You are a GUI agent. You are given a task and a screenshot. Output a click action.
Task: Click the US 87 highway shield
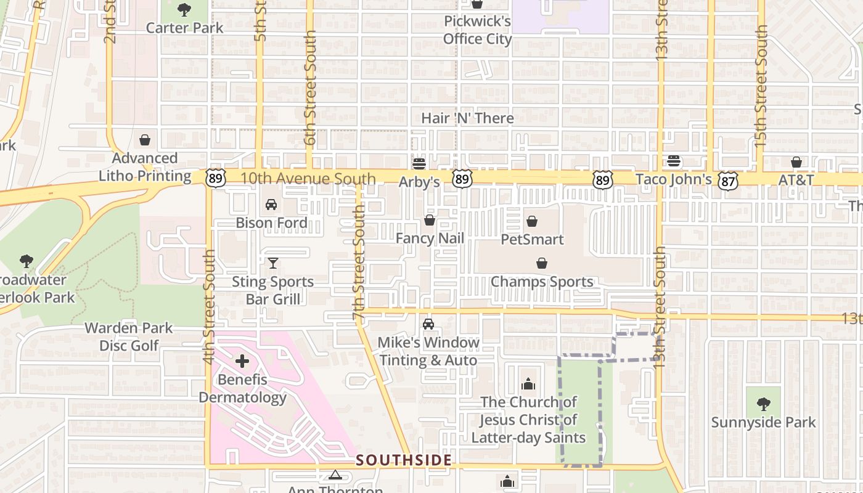[x=728, y=180]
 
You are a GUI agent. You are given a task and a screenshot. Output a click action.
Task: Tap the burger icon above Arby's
[x=419, y=163]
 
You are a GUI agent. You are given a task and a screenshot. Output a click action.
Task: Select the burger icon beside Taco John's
[x=674, y=161]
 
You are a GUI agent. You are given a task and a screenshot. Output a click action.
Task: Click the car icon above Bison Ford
[x=271, y=205]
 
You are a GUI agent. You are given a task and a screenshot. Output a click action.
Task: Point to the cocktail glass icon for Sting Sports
[x=273, y=263]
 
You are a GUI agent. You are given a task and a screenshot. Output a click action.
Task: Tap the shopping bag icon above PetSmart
[x=531, y=221]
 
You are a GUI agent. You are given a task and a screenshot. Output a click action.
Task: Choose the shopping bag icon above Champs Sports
[x=541, y=264]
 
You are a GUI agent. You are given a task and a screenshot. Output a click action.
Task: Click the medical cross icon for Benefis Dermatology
[x=242, y=361]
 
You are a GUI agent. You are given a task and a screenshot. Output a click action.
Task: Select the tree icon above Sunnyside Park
[x=763, y=404]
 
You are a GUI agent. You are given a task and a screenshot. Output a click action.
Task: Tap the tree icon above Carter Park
[x=184, y=10]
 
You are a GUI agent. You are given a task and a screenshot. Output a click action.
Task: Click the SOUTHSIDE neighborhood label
[x=404, y=460]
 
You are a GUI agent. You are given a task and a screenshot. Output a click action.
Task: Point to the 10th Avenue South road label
[x=308, y=179]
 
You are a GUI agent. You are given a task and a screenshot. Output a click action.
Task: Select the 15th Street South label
[x=761, y=86]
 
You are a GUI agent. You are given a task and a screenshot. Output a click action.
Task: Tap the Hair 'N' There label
[x=467, y=118]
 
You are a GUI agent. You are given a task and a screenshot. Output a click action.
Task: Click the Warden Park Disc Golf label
[x=129, y=336]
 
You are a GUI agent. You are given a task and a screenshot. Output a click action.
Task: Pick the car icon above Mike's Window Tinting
[x=428, y=324]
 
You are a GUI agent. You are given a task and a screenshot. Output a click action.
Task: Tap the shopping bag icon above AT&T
[x=796, y=162]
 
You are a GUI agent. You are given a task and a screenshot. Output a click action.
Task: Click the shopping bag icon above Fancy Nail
[x=430, y=220]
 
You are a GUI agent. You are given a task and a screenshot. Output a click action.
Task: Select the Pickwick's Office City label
[x=477, y=30]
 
